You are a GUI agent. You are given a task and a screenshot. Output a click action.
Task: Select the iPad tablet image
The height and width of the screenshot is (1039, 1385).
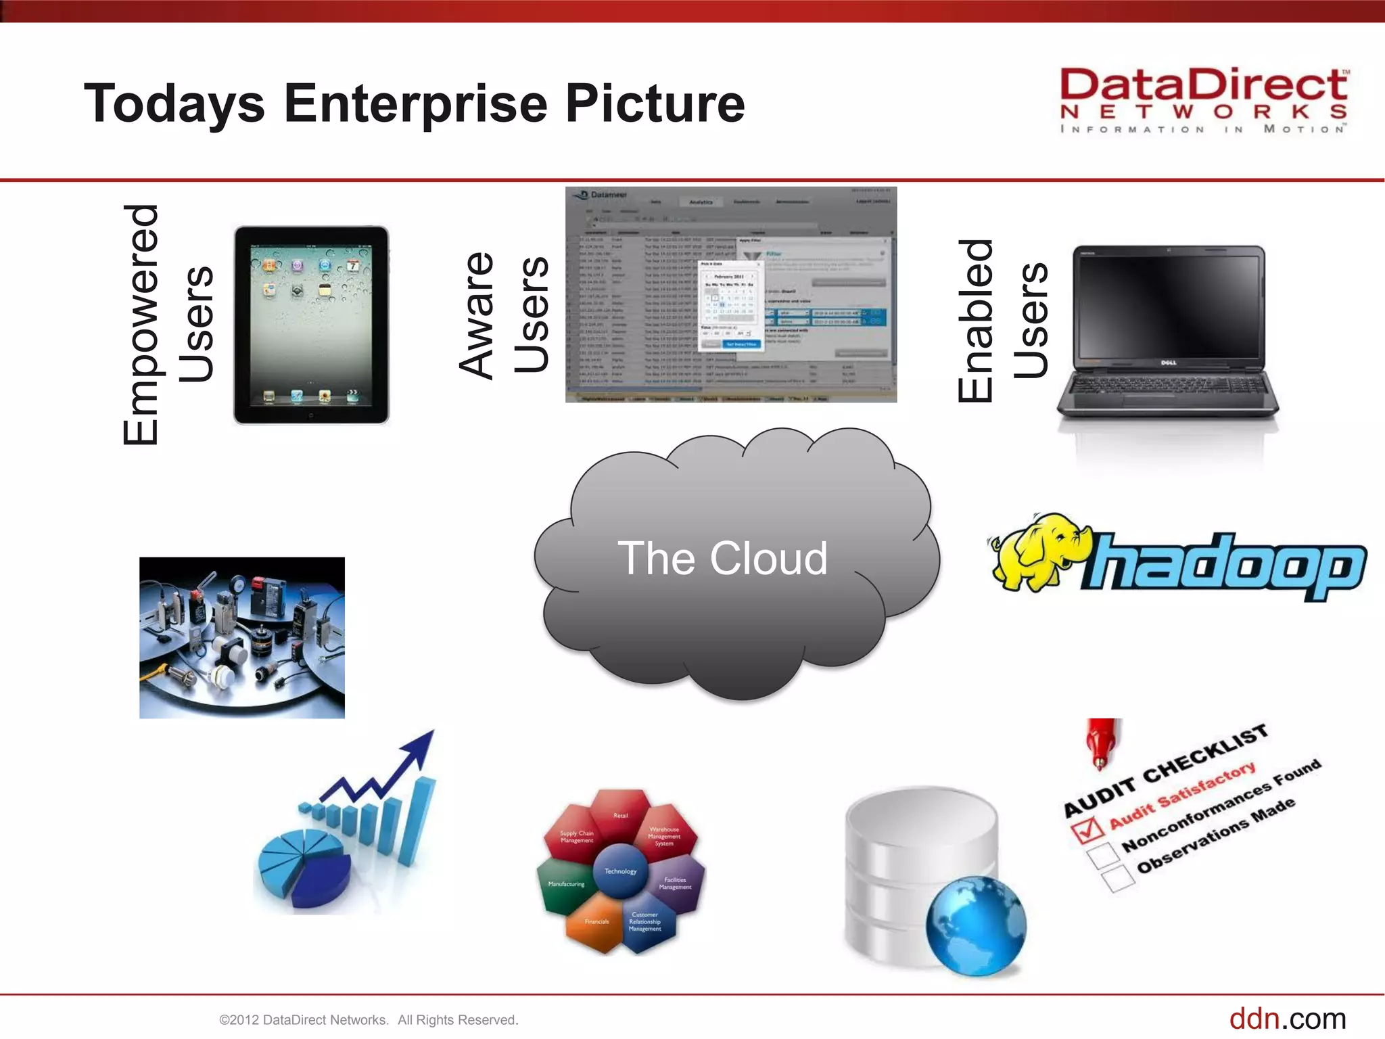coord(311,325)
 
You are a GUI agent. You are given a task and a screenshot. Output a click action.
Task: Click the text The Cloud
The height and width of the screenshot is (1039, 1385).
coord(722,559)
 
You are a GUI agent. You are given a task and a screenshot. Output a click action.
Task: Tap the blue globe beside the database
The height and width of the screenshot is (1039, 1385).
coord(976,925)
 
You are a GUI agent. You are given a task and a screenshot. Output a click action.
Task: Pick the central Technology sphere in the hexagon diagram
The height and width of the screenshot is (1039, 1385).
coord(620,871)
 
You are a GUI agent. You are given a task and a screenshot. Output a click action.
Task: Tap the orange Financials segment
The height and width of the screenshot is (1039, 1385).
coord(596,923)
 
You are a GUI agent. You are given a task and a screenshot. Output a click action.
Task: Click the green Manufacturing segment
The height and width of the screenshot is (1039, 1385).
coord(565,885)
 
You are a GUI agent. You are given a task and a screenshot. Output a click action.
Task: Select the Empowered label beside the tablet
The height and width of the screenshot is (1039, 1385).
coord(141,325)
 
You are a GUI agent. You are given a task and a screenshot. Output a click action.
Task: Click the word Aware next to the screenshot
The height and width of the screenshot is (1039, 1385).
coord(477,315)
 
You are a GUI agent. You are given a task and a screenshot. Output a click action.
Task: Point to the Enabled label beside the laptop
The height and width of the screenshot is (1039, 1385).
coord(975,321)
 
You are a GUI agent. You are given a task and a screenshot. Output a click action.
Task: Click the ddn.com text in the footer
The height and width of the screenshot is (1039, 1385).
coord(1287,1019)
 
